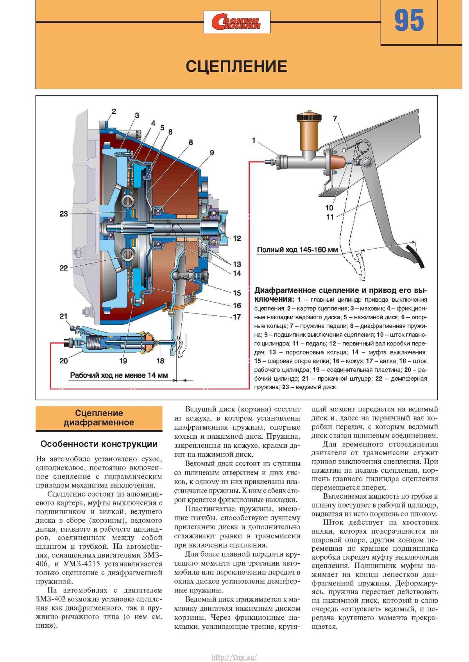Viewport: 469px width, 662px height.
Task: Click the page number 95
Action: pos(409,21)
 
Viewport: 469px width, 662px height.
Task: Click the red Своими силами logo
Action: pos(237,22)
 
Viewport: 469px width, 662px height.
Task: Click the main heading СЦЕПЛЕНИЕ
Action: pos(236,66)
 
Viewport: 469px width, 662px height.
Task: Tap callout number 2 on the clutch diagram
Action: pos(114,111)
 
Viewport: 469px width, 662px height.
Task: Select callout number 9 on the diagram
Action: pos(211,153)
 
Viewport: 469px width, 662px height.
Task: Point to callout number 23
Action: pos(64,214)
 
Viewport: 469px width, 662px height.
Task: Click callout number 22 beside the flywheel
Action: pos(64,268)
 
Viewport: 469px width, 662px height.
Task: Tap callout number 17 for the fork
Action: pos(237,317)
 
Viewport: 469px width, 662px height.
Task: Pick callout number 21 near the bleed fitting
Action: pos(64,316)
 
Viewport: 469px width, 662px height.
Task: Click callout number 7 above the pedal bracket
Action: pos(335,118)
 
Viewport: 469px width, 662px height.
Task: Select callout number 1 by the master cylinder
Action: pos(254,141)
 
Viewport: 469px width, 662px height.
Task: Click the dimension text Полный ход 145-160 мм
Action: pos(297,250)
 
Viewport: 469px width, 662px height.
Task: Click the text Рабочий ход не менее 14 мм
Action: pos(119,375)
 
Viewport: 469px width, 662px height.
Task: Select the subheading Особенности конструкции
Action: pos(99,444)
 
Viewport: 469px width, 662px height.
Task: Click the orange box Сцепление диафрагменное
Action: pos(99,418)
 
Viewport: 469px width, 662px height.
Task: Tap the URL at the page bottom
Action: pos(234,657)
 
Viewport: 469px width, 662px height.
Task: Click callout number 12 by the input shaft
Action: pos(237,238)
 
